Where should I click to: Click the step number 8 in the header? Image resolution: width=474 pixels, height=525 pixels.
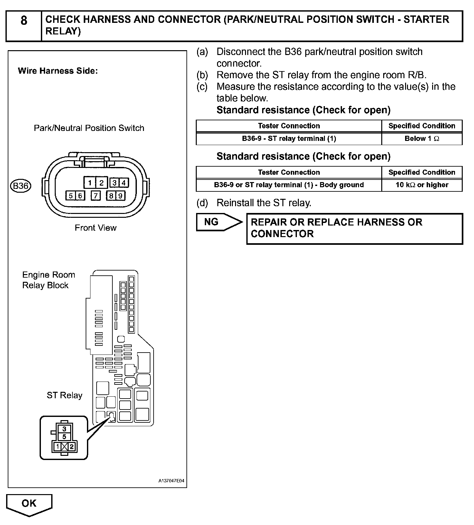(x=24, y=21)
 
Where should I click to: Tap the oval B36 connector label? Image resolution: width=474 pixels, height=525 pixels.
(x=21, y=186)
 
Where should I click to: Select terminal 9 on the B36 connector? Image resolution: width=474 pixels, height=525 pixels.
(x=120, y=196)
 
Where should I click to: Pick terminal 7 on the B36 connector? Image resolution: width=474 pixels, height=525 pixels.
(x=96, y=196)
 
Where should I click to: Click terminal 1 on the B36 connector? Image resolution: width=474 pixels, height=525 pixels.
(x=90, y=183)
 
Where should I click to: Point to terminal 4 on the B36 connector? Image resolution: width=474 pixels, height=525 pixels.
(x=124, y=183)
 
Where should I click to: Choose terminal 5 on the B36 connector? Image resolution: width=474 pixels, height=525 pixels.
(x=71, y=196)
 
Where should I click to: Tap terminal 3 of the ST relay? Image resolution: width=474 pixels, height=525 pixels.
(x=64, y=429)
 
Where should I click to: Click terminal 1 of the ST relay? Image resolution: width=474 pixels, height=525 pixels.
(x=57, y=447)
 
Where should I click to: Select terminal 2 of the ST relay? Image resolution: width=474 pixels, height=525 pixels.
(x=72, y=447)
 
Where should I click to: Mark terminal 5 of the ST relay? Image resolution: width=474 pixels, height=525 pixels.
(x=64, y=437)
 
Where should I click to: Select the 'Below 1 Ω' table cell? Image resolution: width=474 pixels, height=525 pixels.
(x=422, y=139)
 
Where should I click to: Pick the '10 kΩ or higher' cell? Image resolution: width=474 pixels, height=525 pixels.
(x=422, y=185)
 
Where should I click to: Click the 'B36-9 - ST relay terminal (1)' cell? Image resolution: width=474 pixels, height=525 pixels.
(x=289, y=139)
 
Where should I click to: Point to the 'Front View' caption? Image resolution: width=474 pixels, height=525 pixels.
(x=96, y=228)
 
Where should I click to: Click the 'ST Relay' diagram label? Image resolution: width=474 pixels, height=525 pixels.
(x=64, y=395)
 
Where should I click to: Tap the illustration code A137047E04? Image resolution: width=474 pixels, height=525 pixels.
(x=171, y=481)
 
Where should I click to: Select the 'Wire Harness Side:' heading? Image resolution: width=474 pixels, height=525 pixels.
(x=58, y=71)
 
